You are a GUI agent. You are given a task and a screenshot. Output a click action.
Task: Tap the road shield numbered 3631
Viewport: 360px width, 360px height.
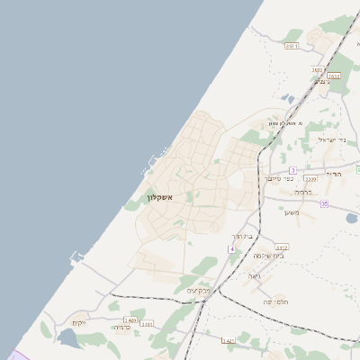(x=292, y=46)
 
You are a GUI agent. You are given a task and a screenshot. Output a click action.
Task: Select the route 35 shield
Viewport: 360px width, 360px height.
(x=324, y=204)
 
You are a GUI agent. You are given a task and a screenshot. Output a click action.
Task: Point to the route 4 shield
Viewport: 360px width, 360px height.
(x=231, y=248)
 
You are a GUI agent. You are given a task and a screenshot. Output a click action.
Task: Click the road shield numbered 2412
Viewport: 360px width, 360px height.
(x=282, y=247)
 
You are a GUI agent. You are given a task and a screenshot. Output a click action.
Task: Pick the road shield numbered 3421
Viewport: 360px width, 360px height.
(x=228, y=341)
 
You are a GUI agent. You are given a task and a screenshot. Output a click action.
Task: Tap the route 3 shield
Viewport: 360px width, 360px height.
(x=292, y=170)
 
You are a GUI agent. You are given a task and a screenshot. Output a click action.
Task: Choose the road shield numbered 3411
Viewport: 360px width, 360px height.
(x=147, y=324)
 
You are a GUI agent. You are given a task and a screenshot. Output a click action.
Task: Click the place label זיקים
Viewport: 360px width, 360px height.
(x=79, y=322)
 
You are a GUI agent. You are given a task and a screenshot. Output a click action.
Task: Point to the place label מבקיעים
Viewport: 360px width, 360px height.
(x=198, y=291)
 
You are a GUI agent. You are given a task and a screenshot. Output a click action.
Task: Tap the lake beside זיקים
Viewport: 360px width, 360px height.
(x=67, y=338)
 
